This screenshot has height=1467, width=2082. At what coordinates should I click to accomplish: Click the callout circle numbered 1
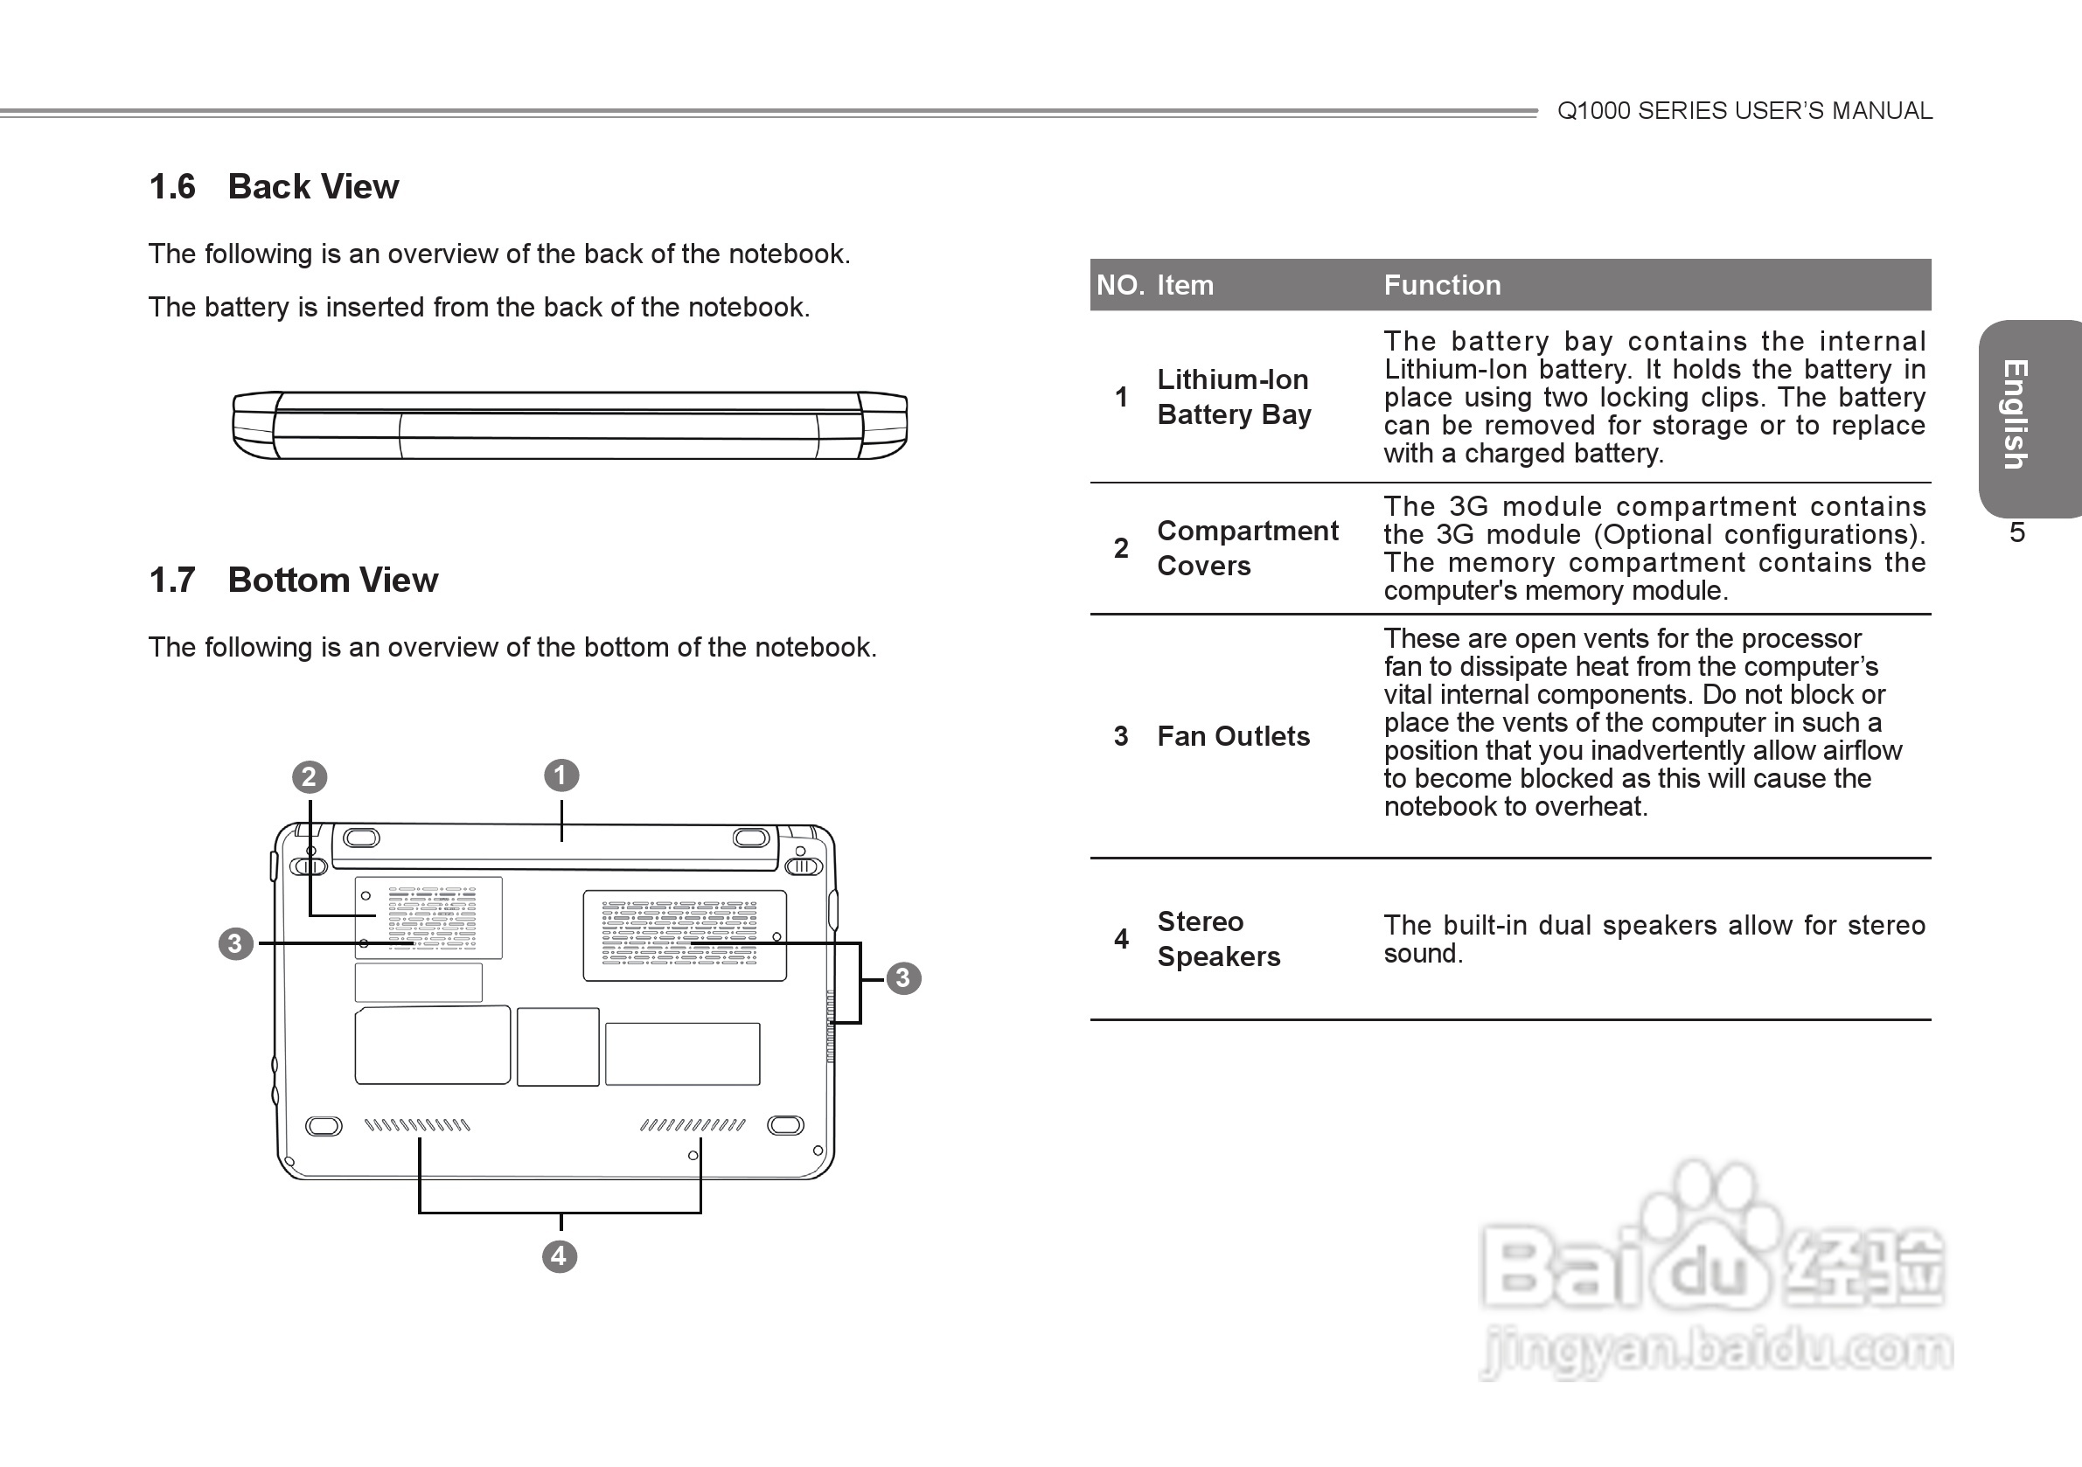[x=561, y=775]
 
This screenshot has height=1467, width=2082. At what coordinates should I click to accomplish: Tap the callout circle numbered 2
[x=310, y=777]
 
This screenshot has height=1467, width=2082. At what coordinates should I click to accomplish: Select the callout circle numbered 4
[x=560, y=1255]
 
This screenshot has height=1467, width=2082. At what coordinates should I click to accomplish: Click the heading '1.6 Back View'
[x=273, y=187]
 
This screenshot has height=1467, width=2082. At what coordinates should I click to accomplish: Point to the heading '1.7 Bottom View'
[x=293, y=581]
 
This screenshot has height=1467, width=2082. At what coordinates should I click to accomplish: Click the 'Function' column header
[x=1442, y=285]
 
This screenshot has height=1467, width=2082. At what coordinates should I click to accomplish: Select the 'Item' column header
[x=1184, y=285]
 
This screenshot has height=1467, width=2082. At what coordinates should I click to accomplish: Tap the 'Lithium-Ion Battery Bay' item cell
[x=1233, y=396]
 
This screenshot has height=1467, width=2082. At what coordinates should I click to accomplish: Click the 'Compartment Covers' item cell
[x=1247, y=547]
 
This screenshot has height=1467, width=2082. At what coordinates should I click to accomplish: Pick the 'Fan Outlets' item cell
[x=1233, y=736]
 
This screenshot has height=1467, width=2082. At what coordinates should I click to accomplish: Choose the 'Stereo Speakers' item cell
[x=1218, y=938]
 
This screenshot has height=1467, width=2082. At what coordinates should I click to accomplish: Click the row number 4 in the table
[x=1121, y=938]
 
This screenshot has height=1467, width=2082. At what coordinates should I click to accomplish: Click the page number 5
[x=2016, y=532]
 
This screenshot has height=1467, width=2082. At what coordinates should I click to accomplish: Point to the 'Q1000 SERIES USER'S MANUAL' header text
[x=1744, y=111]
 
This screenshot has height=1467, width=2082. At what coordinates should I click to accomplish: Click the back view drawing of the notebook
[x=569, y=425]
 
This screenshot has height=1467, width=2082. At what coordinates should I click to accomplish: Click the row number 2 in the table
[x=1121, y=547]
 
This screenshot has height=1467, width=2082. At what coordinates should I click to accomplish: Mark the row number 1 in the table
[x=1121, y=396]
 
